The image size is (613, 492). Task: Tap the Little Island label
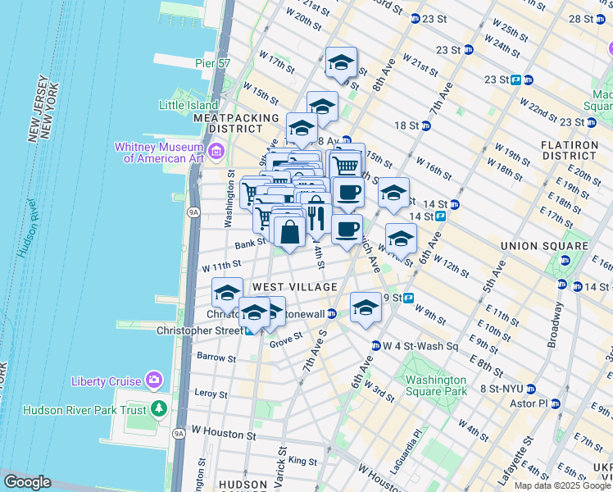(186, 105)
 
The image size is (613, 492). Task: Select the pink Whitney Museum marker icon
(216, 150)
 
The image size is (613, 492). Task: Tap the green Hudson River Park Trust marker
(158, 409)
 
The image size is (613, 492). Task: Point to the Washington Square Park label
(433, 385)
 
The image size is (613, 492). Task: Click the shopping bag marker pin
(289, 232)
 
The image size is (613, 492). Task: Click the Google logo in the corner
(27, 482)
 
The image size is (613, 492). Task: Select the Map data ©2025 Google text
(562, 485)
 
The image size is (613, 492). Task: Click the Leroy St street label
(211, 394)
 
